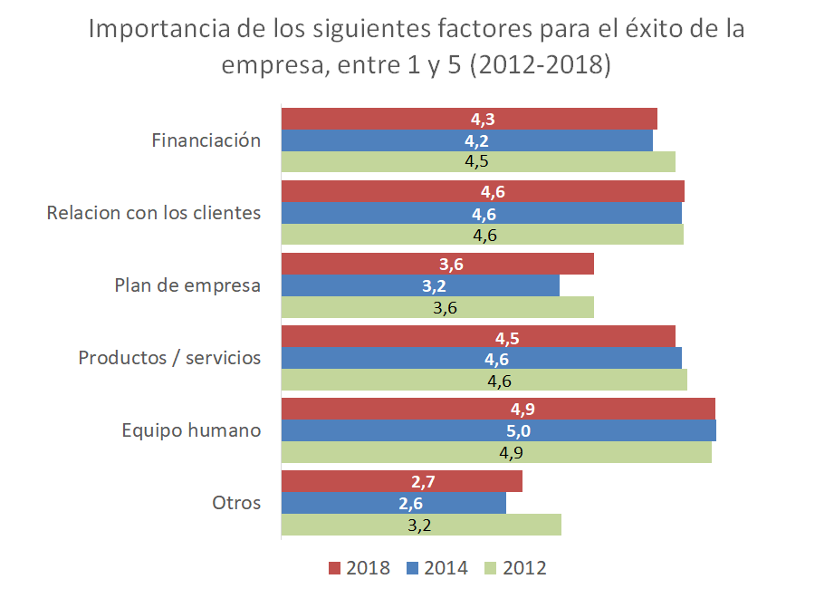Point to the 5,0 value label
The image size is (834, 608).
[498, 430]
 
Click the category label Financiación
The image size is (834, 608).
[206, 140]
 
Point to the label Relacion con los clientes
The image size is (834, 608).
[154, 213]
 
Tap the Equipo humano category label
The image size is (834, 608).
[191, 430]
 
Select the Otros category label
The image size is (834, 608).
[236, 503]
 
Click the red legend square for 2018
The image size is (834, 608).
[333, 568]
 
